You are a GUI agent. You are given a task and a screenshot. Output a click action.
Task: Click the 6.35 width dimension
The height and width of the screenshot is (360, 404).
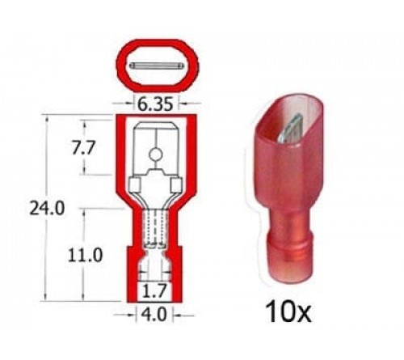[156, 104]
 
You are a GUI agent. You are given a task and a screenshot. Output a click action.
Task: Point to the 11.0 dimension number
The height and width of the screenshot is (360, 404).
[86, 255]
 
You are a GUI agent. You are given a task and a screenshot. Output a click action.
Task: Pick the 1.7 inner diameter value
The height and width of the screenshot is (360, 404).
[155, 287]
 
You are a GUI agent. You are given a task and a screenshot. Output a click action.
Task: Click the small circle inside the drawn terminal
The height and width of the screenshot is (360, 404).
[155, 155]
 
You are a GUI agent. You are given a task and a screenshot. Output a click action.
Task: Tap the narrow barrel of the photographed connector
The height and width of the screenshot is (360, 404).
[291, 243]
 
